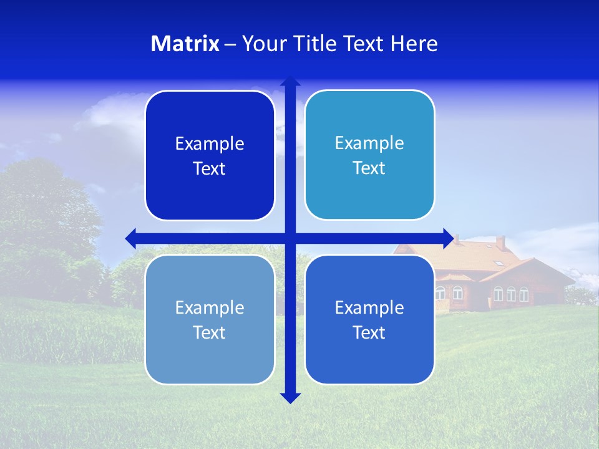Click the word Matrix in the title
pyautogui.click(x=185, y=44)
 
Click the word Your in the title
pyautogui.click(x=261, y=44)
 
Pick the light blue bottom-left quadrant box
pyautogui.click(x=210, y=362)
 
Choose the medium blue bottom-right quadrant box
pyautogui.click(x=369, y=362)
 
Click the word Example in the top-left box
pyautogui.click(x=210, y=144)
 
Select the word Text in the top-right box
pyautogui.click(x=369, y=168)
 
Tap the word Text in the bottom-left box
pyautogui.click(x=210, y=333)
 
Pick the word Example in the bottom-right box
pyautogui.click(x=369, y=307)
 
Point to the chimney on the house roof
pyautogui.click(x=500, y=243)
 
